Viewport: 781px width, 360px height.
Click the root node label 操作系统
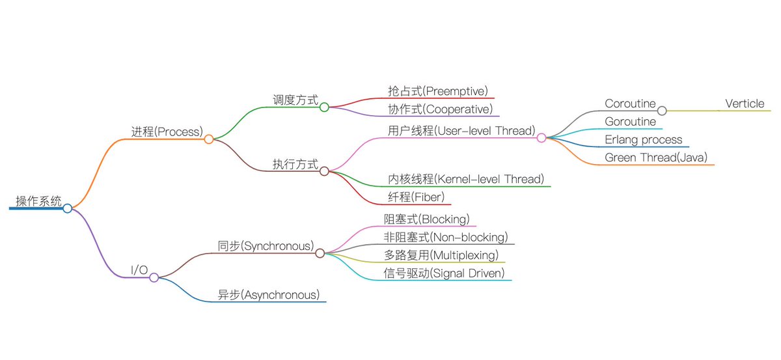(39, 201)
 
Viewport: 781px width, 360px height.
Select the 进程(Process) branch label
(167, 131)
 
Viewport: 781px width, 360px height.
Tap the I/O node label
(140, 270)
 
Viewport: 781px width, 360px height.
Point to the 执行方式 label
(295, 164)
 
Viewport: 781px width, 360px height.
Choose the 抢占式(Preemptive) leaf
(437, 90)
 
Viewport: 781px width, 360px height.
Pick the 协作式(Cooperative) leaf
(440, 109)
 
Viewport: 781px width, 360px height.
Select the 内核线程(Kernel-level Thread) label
(466, 178)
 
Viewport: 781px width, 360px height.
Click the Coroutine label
(630, 104)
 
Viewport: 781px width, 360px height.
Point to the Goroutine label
(631, 121)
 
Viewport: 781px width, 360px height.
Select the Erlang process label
(644, 139)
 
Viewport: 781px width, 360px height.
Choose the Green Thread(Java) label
(656, 158)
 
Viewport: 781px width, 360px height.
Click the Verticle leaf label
(745, 104)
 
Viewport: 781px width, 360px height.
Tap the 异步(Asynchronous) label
(269, 295)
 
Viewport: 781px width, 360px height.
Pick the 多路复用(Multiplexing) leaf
(441, 255)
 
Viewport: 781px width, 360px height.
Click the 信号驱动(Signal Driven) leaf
(445, 273)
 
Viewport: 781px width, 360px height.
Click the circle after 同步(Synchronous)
(320, 253)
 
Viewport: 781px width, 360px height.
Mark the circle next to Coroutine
(662, 111)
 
